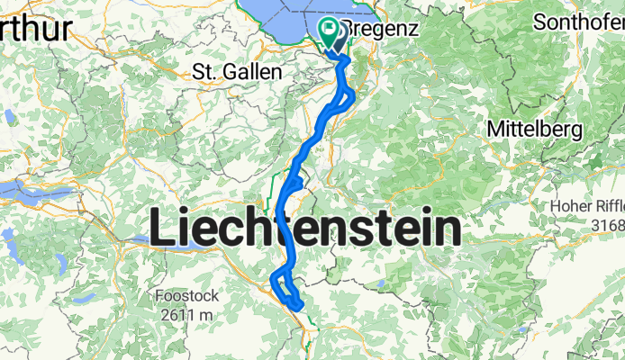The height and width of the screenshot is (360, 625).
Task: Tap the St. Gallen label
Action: [231, 71]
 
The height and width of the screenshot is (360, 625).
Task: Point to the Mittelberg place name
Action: [534, 129]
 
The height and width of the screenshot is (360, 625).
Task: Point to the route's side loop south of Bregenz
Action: [350, 98]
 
